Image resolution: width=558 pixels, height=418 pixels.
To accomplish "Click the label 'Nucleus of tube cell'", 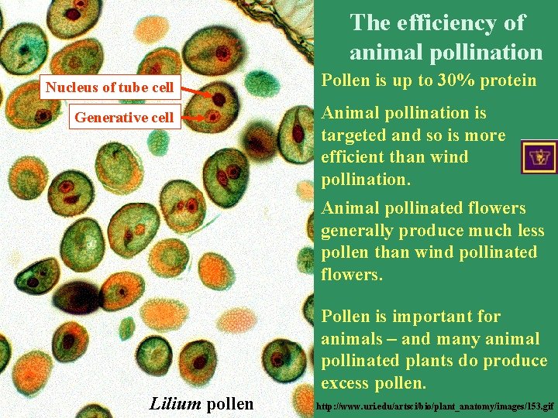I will [x=109, y=87].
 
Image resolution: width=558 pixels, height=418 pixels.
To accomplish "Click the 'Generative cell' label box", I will [x=123, y=118].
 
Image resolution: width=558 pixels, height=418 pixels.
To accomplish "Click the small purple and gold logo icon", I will [x=539, y=157].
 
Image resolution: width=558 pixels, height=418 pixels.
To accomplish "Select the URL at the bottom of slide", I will [x=436, y=406].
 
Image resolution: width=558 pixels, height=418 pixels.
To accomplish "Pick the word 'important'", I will [x=430, y=317].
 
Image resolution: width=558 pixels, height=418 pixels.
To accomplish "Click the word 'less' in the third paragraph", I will [x=530, y=231].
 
